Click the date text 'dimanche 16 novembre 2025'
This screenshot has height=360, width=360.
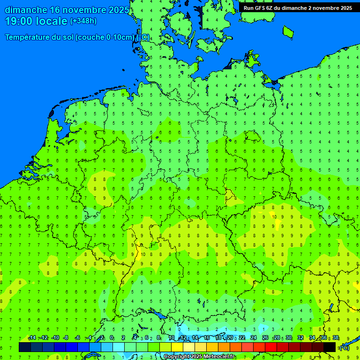pos(67,10)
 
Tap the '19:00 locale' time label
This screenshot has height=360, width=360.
pos(36,21)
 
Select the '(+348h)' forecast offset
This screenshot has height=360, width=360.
pos(83,21)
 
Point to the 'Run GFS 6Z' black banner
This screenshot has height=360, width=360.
pos(298,7)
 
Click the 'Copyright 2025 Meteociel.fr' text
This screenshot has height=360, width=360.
pos(199,357)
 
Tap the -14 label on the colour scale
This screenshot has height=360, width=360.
pos(32,338)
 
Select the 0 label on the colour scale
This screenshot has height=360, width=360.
pos(112,338)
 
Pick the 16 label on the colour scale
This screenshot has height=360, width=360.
pos(207,338)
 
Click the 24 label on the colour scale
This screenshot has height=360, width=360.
pos(254,338)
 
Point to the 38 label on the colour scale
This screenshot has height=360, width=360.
pos(336,338)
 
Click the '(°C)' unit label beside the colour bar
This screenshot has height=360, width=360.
pos(344,348)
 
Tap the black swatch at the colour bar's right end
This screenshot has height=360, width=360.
pos(330,347)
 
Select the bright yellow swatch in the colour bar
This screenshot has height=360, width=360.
pos(177,347)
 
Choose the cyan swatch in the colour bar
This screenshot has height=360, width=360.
pos(119,347)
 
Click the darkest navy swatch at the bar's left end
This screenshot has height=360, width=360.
pos(25,347)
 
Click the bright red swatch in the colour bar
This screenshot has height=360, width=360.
pos(271,347)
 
